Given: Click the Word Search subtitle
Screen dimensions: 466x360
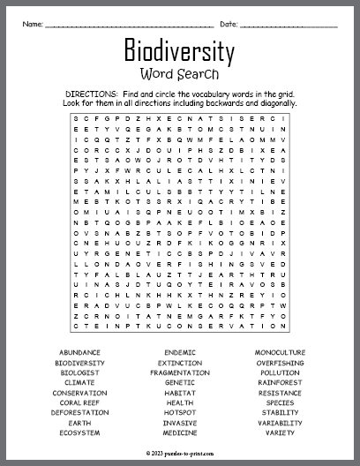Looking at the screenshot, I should (x=180, y=74).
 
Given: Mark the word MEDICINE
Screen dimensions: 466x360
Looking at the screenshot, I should (x=180, y=432).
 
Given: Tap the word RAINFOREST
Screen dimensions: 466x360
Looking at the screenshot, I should (x=281, y=382).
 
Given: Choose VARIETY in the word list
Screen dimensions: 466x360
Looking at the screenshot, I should (x=281, y=432).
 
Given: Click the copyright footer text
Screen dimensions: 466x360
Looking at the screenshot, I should (x=180, y=451).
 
